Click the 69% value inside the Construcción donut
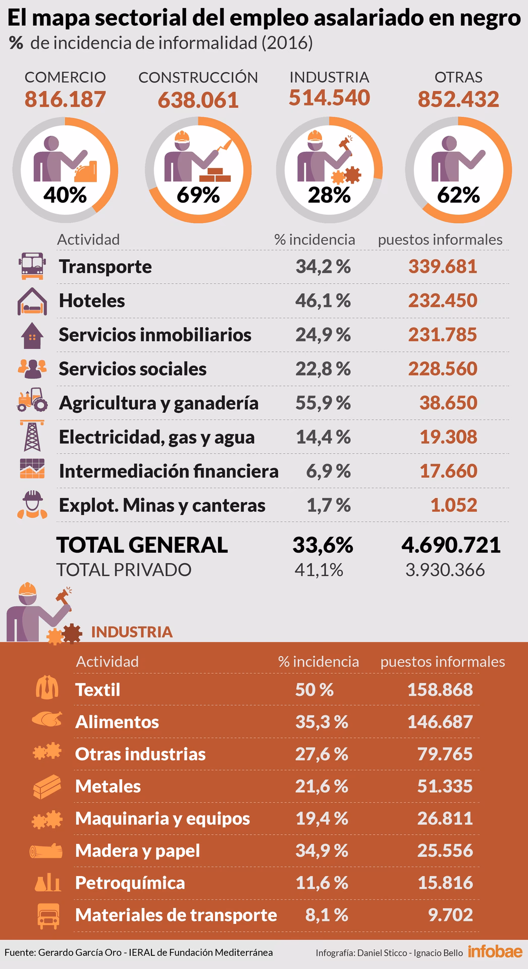(198, 195)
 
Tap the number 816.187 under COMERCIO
(65, 99)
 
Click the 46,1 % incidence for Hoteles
(323, 301)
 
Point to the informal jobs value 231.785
(442, 335)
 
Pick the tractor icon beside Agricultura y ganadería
(32, 400)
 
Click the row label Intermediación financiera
(169, 471)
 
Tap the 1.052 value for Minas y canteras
(453, 505)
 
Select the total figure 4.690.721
(451, 545)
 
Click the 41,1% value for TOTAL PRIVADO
(319, 570)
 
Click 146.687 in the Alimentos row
(440, 722)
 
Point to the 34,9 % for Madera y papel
(322, 851)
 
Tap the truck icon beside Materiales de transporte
(48, 916)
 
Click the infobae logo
(495, 952)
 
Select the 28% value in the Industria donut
(329, 195)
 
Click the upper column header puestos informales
(440, 240)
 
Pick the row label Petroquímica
(130, 883)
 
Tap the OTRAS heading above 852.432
(458, 77)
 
